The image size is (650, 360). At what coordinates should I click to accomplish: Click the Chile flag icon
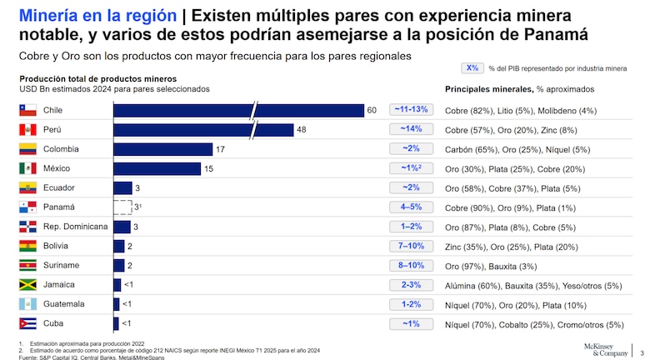click(x=28, y=110)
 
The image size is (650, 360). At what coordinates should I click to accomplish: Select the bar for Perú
click(x=202, y=130)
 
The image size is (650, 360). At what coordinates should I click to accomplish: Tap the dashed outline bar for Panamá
click(x=122, y=207)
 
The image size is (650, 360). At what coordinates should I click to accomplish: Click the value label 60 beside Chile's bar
click(x=372, y=110)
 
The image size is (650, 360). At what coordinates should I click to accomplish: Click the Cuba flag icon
click(x=28, y=323)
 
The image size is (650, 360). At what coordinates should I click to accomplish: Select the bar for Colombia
click(x=161, y=149)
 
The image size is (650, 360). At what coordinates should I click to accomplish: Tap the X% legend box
click(x=472, y=68)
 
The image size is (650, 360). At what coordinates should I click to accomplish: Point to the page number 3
click(x=642, y=351)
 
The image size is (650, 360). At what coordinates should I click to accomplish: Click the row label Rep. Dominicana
click(x=75, y=227)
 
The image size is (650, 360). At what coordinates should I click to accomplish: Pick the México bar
click(x=157, y=168)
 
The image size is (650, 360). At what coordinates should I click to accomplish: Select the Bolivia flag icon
click(x=28, y=246)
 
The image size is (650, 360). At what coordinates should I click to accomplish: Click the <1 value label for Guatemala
click(x=127, y=304)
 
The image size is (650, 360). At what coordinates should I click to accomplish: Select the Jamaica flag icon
click(x=28, y=285)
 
